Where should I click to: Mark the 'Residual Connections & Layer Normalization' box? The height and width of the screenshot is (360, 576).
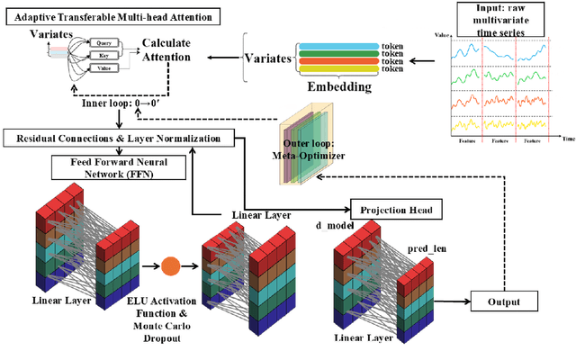pyautogui.click(x=119, y=138)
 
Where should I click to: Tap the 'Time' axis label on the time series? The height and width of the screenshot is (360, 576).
pyautogui.click(x=568, y=140)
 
